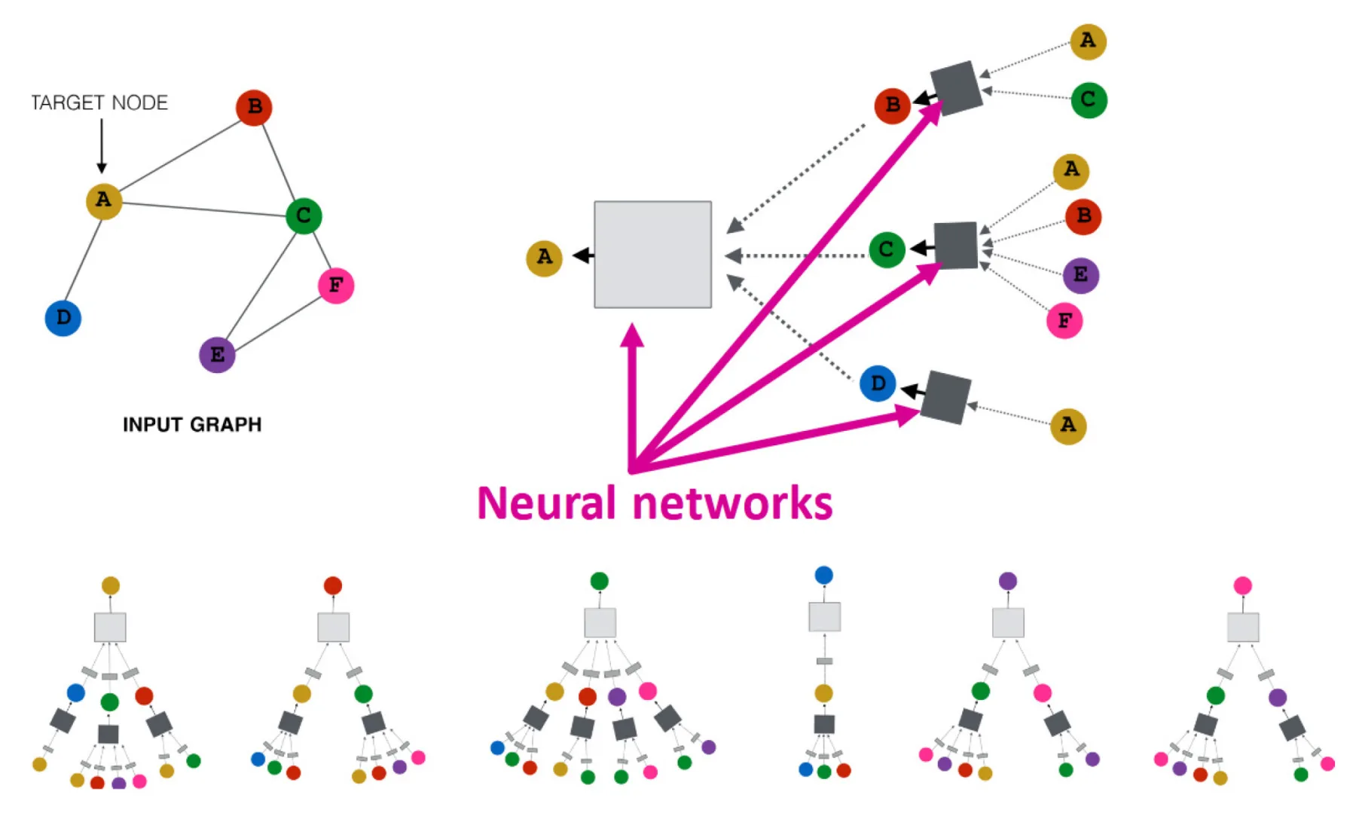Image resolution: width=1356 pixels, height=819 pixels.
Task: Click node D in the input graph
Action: pyautogui.click(x=63, y=318)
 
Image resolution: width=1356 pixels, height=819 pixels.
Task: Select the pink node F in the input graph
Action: pyautogui.click(x=336, y=286)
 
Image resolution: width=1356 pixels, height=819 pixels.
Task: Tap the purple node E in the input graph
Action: pyautogui.click(x=217, y=355)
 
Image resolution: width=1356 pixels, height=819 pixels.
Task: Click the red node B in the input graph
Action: pyautogui.click(x=254, y=107)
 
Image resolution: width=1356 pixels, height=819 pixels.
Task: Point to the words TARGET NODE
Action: pyautogui.click(x=99, y=102)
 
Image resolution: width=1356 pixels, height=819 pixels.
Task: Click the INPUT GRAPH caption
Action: pyautogui.click(x=192, y=424)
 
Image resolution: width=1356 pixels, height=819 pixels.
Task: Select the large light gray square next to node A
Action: pyautogui.click(x=652, y=255)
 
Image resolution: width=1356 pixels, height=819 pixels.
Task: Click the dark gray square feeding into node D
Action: pyautogui.click(x=945, y=397)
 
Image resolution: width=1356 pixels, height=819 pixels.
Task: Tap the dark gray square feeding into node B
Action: pyautogui.click(x=956, y=88)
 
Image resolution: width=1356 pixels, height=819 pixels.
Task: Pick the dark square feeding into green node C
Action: pyautogui.click(x=956, y=245)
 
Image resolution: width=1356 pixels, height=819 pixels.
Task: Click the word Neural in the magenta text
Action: pyautogui.click(x=547, y=503)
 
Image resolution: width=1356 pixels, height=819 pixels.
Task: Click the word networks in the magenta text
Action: pyautogui.click(x=732, y=503)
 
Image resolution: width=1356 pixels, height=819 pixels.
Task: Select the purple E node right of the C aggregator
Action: pyautogui.click(x=1080, y=275)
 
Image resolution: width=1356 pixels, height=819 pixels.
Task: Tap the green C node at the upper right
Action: pyautogui.click(x=1089, y=99)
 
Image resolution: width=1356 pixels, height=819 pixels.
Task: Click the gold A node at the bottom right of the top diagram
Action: pyautogui.click(x=1068, y=426)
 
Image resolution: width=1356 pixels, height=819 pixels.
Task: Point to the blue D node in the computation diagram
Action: pyautogui.click(x=878, y=384)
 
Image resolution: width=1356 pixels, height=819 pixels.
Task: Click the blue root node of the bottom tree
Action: pyautogui.click(x=824, y=576)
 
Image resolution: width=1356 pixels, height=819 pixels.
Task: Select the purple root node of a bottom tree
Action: pyautogui.click(x=1008, y=581)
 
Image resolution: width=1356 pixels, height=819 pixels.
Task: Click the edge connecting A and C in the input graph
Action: pyautogui.click(x=203, y=208)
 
